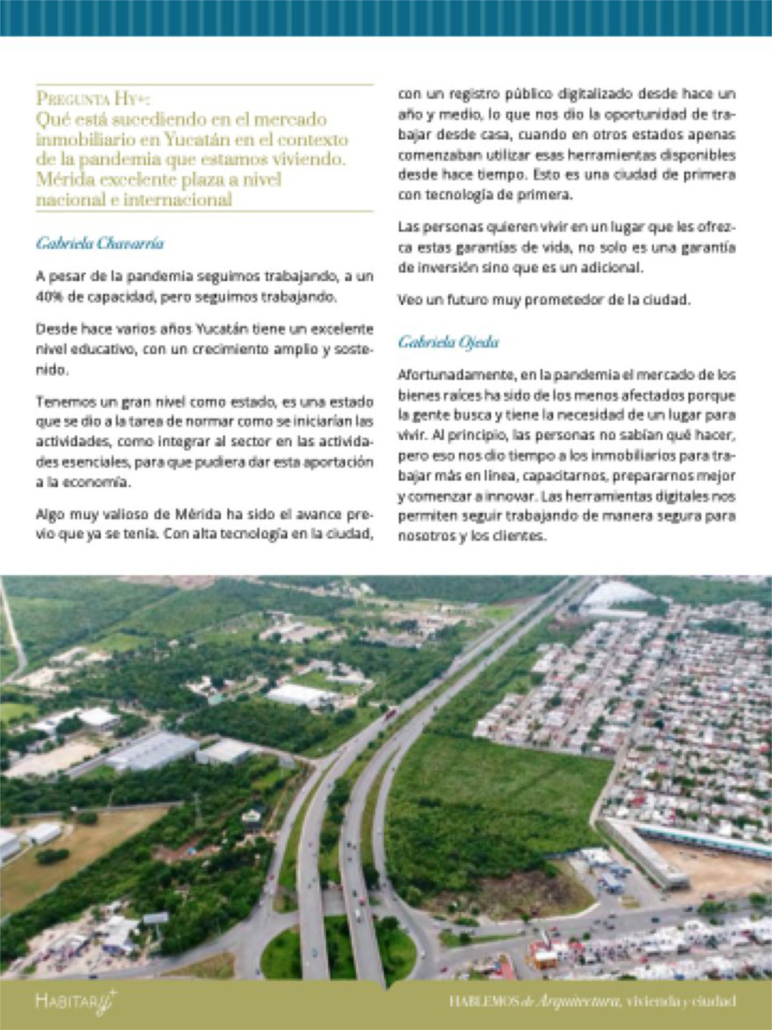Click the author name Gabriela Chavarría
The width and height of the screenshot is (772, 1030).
click(100, 243)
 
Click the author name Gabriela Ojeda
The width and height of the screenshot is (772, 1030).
click(448, 342)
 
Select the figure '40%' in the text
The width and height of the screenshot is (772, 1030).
click(48, 297)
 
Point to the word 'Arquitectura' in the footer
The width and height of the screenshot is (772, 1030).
click(574, 1001)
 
